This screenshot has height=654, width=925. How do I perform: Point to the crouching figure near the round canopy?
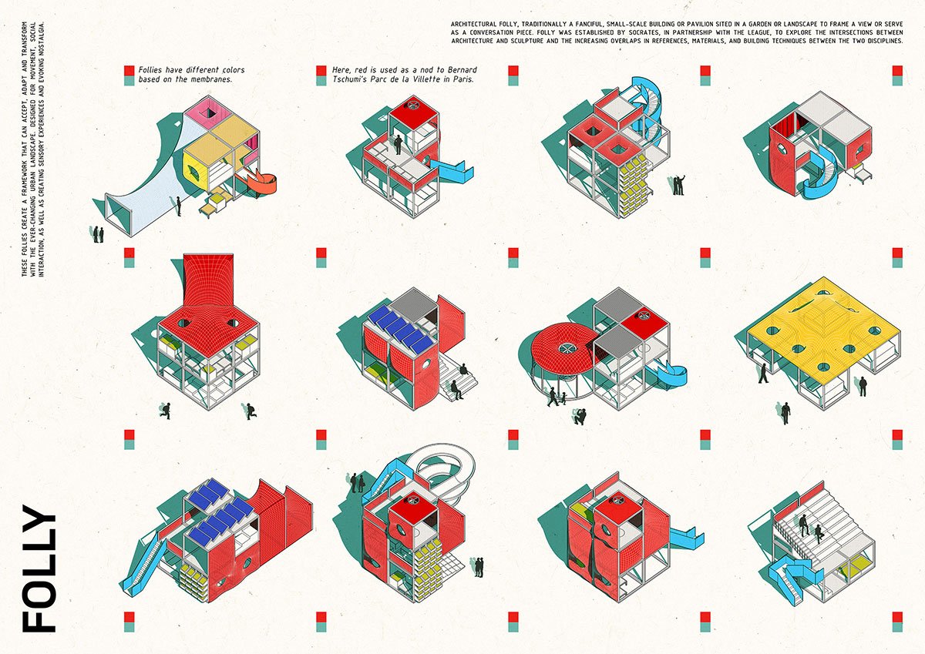(x=579, y=417)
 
